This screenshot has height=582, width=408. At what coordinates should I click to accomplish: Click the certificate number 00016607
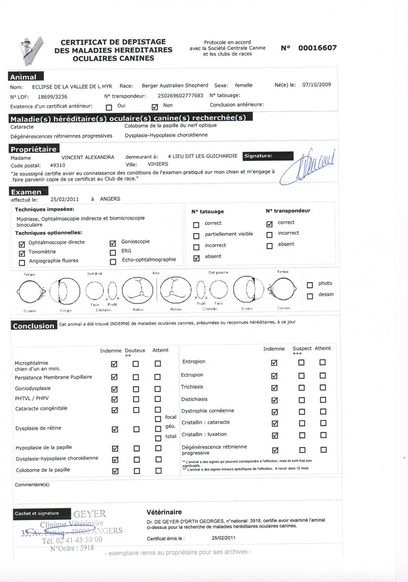(x=317, y=48)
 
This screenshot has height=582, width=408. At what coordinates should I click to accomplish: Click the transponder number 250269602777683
(x=180, y=95)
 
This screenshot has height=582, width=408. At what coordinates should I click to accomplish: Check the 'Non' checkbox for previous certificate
(x=155, y=106)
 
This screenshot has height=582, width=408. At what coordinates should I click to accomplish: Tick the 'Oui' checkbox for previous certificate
(x=109, y=106)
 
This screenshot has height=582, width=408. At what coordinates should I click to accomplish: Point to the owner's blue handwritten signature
(x=312, y=165)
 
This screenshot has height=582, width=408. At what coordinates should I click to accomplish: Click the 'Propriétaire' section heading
(x=34, y=148)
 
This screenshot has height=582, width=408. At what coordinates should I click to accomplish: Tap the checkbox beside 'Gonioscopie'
(x=112, y=243)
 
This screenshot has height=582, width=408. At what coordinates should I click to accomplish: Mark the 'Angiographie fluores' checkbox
(x=22, y=262)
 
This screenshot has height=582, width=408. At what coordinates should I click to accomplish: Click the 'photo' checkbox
(x=310, y=284)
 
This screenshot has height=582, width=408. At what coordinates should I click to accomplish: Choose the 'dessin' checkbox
(x=310, y=296)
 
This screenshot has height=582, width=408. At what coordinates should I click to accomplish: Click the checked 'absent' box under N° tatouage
(x=196, y=257)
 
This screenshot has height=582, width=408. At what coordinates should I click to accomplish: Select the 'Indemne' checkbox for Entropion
(x=274, y=363)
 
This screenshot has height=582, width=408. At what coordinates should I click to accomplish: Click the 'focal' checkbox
(x=158, y=419)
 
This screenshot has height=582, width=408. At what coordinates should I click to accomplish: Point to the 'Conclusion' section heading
(x=34, y=326)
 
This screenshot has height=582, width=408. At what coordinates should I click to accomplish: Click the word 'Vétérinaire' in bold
(x=164, y=512)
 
